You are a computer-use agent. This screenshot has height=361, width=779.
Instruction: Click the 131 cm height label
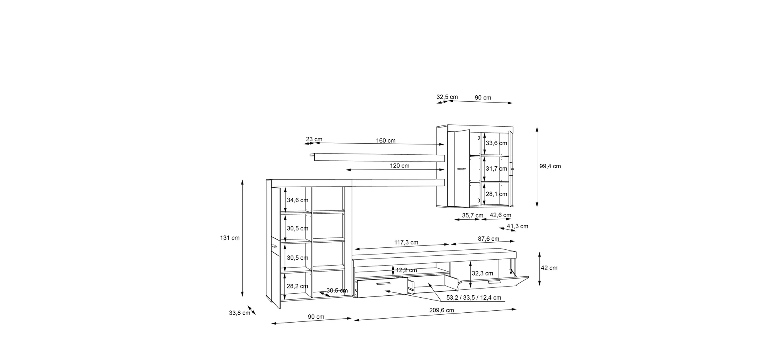[230, 238]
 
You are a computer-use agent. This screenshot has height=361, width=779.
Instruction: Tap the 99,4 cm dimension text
[550, 166]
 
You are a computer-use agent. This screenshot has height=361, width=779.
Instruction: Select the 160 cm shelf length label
[386, 141]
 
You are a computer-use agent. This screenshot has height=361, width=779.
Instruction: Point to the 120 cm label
[400, 166]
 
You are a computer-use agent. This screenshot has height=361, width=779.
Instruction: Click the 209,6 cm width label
[442, 310]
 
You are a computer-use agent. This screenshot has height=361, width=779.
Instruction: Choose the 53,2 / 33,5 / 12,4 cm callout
[474, 298]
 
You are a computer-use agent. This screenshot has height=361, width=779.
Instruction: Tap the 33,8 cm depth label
[239, 313]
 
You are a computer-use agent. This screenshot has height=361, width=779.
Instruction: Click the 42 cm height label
[549, 268]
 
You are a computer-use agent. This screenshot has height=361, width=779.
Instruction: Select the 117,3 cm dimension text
[406, 243]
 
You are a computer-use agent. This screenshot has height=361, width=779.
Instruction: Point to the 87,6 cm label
[488, 239]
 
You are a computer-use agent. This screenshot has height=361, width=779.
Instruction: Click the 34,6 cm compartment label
[297, 200]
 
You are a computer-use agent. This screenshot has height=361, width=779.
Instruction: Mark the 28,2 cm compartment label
[297, 286]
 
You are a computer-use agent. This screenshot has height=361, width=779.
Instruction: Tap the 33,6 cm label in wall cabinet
[496, 143]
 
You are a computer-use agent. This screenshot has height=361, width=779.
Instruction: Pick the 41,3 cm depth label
[517, 226]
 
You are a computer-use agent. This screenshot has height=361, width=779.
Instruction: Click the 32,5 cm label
[447, 97]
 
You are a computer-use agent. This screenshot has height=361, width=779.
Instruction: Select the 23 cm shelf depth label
[314, 139]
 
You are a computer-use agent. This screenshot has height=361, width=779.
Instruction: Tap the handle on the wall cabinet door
[461, 169]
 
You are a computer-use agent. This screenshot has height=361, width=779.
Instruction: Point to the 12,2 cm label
[406, 270]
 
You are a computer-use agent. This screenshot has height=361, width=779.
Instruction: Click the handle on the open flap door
[494, 282]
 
